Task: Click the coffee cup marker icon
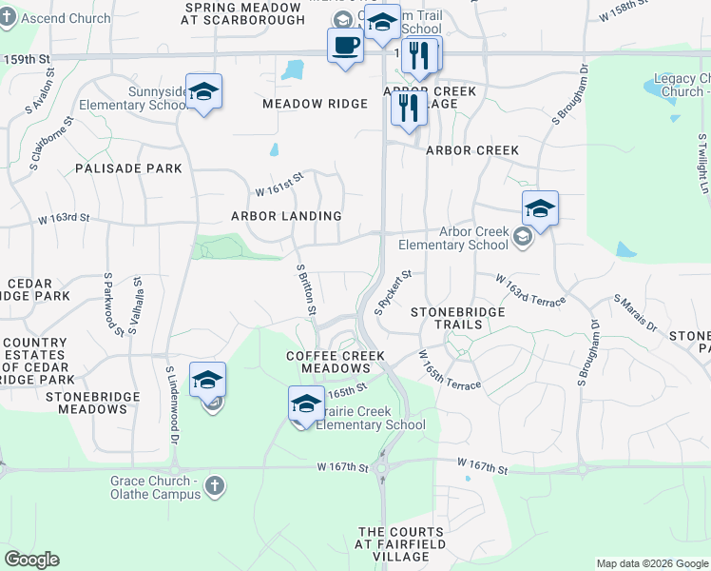coord(345,45)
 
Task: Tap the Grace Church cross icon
coord(216,485)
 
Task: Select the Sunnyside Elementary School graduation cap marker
coord(203,91)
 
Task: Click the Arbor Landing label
coord(286,216)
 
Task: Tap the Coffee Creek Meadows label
coord(329,362)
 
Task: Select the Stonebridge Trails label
coord(446,318)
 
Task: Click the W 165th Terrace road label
coord(450,369)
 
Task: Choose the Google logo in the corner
coord(32,560)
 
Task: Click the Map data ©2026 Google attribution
coord(651,563)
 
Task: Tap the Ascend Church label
coord(72,19)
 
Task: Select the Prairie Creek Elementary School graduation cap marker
coord(305,403)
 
